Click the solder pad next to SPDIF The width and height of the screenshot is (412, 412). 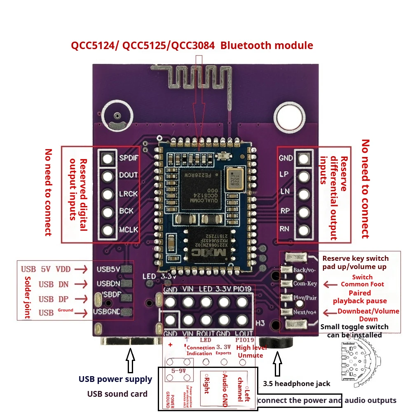click(108, 158)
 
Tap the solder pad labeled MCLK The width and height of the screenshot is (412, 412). click(108, 230)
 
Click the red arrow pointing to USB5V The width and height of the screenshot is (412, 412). click(82, 269)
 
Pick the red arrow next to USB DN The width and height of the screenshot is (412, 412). click(82, 284)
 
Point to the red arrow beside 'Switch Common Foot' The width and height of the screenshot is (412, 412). click(329, 284)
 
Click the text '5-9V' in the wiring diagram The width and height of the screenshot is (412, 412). click(178, 370)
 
